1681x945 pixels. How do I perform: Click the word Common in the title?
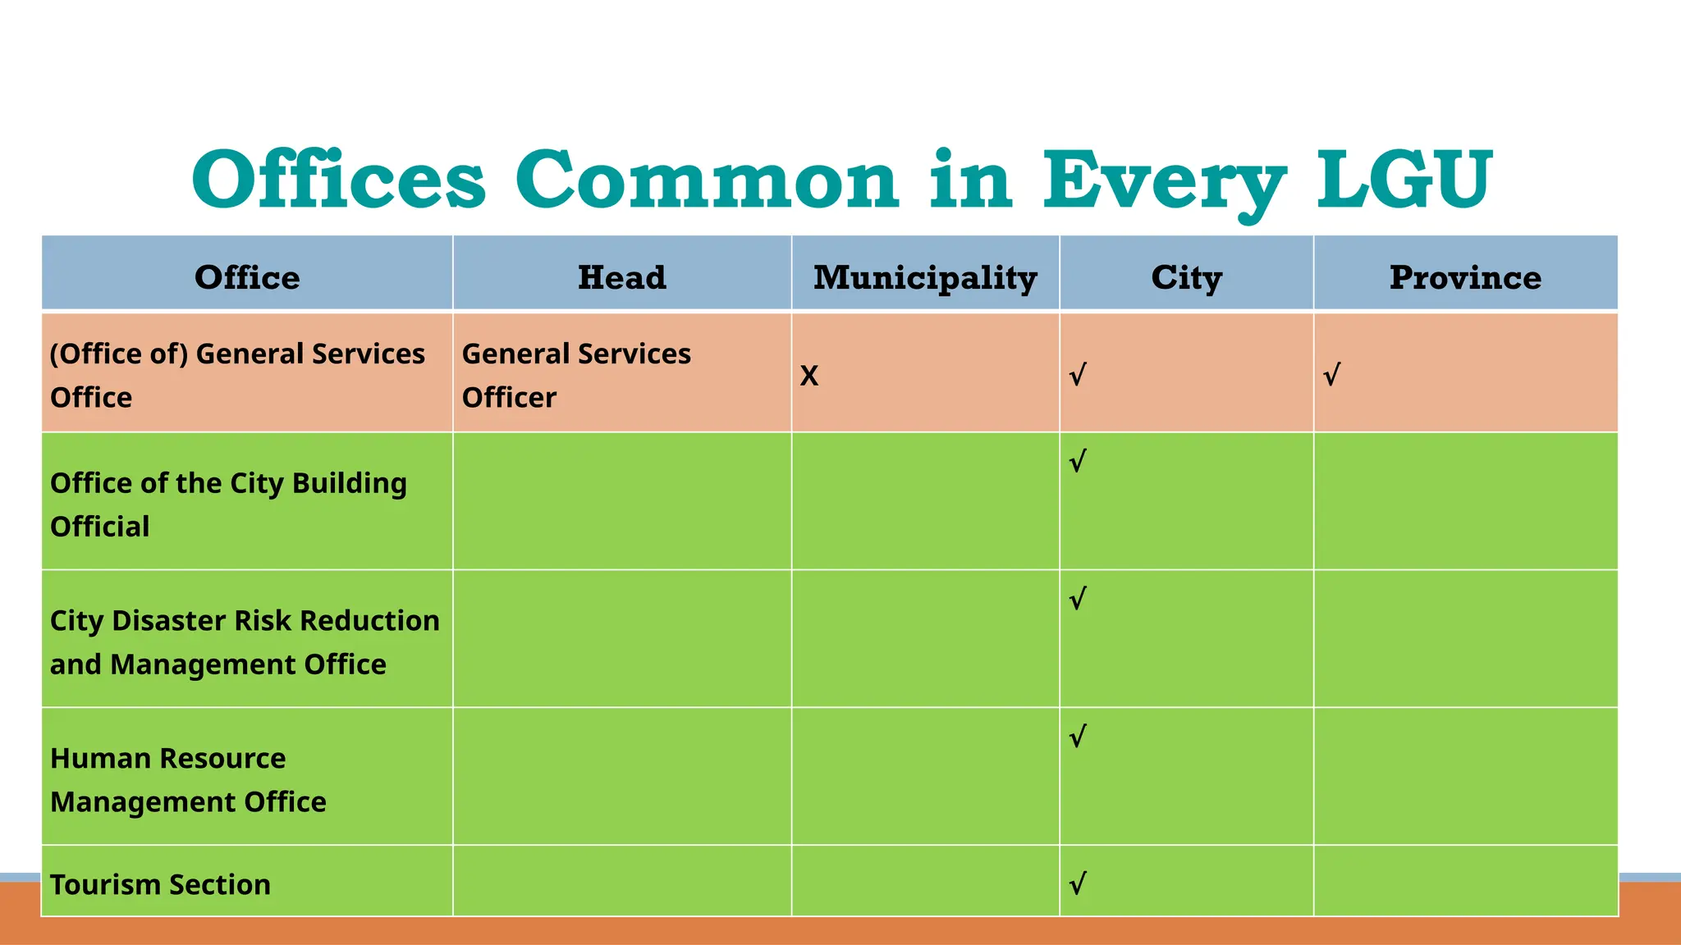(x=708, y=179)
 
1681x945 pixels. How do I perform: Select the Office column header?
(x=247, y=277)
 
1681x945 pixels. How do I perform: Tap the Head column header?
(x=621, y=277)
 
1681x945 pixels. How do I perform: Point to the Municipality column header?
(x=925, y=277)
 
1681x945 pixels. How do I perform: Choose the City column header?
(x=1186, y=277)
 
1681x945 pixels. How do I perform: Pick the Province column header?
(x=1465, y=277)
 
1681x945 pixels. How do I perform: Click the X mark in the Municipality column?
(x=809, y=376)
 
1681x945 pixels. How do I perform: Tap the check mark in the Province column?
(x=1331, y=376)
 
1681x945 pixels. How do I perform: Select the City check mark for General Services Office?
(x=1078, y=376)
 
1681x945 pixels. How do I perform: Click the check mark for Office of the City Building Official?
(x=1078, y=461)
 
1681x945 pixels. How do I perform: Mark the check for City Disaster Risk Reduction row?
(x=1078, y=599)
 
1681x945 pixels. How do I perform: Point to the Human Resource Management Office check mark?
(x=1078, y=737)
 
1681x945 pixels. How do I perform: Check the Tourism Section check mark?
(x=1078, y=883)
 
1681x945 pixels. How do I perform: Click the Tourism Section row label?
(x=160, y=884)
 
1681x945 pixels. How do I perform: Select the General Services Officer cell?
(x=576, y=375)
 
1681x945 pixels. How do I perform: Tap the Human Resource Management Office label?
(x=188, y=779)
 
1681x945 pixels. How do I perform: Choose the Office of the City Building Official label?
(x=228, y=504)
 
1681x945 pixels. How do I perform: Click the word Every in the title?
(x=1164, y=179)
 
